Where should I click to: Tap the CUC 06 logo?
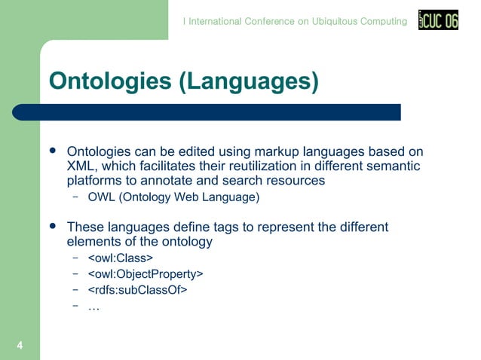pos(438,21)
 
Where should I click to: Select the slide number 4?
pos(20,345)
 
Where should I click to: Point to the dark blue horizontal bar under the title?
pos(219,112)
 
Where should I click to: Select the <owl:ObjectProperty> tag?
pos(145,273)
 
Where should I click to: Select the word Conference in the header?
pos(269,21)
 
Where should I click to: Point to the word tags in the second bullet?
pos(223,227)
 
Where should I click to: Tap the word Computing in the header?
pos(384,21)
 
